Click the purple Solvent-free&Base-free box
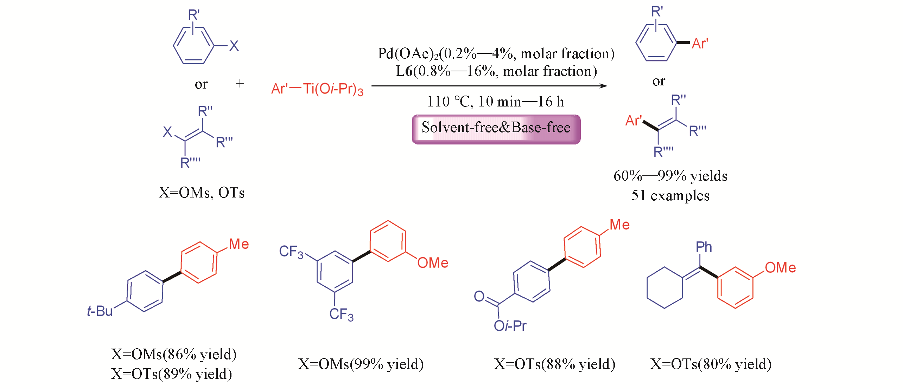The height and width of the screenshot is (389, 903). point(496,129)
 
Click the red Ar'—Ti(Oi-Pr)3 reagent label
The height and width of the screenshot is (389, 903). point(317,89)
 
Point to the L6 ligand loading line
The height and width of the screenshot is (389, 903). point(496,71)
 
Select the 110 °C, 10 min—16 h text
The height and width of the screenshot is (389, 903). point(495,102)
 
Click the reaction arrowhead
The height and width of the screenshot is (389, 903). point(604,86)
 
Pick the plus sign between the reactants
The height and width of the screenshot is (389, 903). point(240,83)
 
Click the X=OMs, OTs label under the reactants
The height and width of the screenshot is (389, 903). point(201,193)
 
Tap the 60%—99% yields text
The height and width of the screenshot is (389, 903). point(670,176)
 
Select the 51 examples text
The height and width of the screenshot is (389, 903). point(670,195)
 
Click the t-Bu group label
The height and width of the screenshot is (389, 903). point(100,311)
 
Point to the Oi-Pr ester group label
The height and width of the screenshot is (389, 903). point(510,326)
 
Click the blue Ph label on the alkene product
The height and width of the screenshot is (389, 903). point(704,247)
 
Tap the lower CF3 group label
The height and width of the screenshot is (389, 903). point(341,314)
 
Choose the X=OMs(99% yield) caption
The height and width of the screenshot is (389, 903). point(361,364)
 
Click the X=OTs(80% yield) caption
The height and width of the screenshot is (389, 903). point(711,364)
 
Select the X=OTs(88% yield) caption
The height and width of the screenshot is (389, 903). point(554,364)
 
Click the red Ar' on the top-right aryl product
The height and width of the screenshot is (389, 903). point(700,44)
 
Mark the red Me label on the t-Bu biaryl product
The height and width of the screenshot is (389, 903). point(239,244)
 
